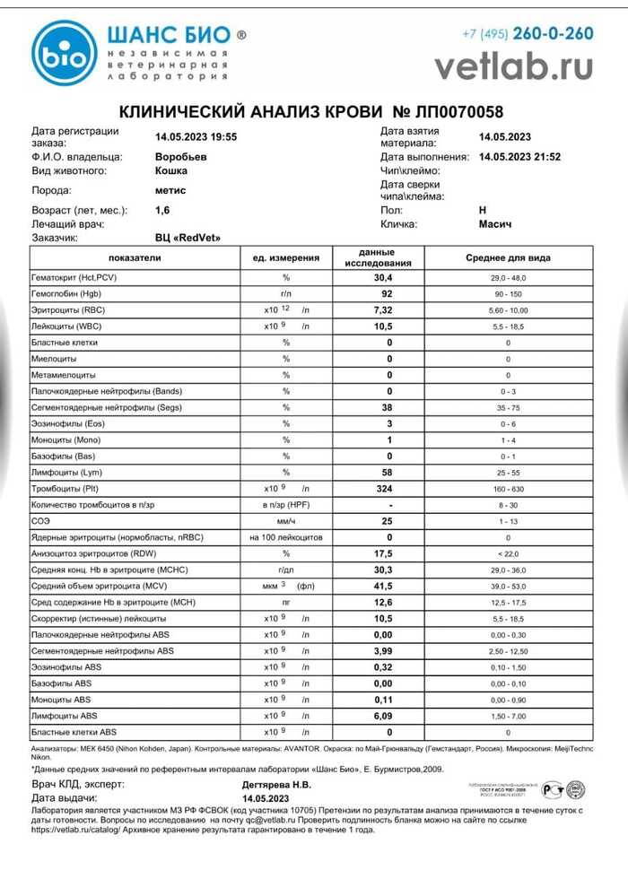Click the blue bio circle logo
[65, 53]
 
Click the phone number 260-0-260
[552, 34]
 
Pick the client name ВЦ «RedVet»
[188, 238]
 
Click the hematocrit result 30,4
[389, 278]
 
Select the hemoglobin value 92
[389, 294]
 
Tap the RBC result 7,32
[389, 310]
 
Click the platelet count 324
[389, 489]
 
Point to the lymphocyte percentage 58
[389, 473]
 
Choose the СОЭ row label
[41, 521]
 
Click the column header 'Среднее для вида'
[508, 258]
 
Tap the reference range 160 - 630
[508, 489]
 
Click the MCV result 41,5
[389, 586]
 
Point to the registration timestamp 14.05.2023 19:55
[196, 136]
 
